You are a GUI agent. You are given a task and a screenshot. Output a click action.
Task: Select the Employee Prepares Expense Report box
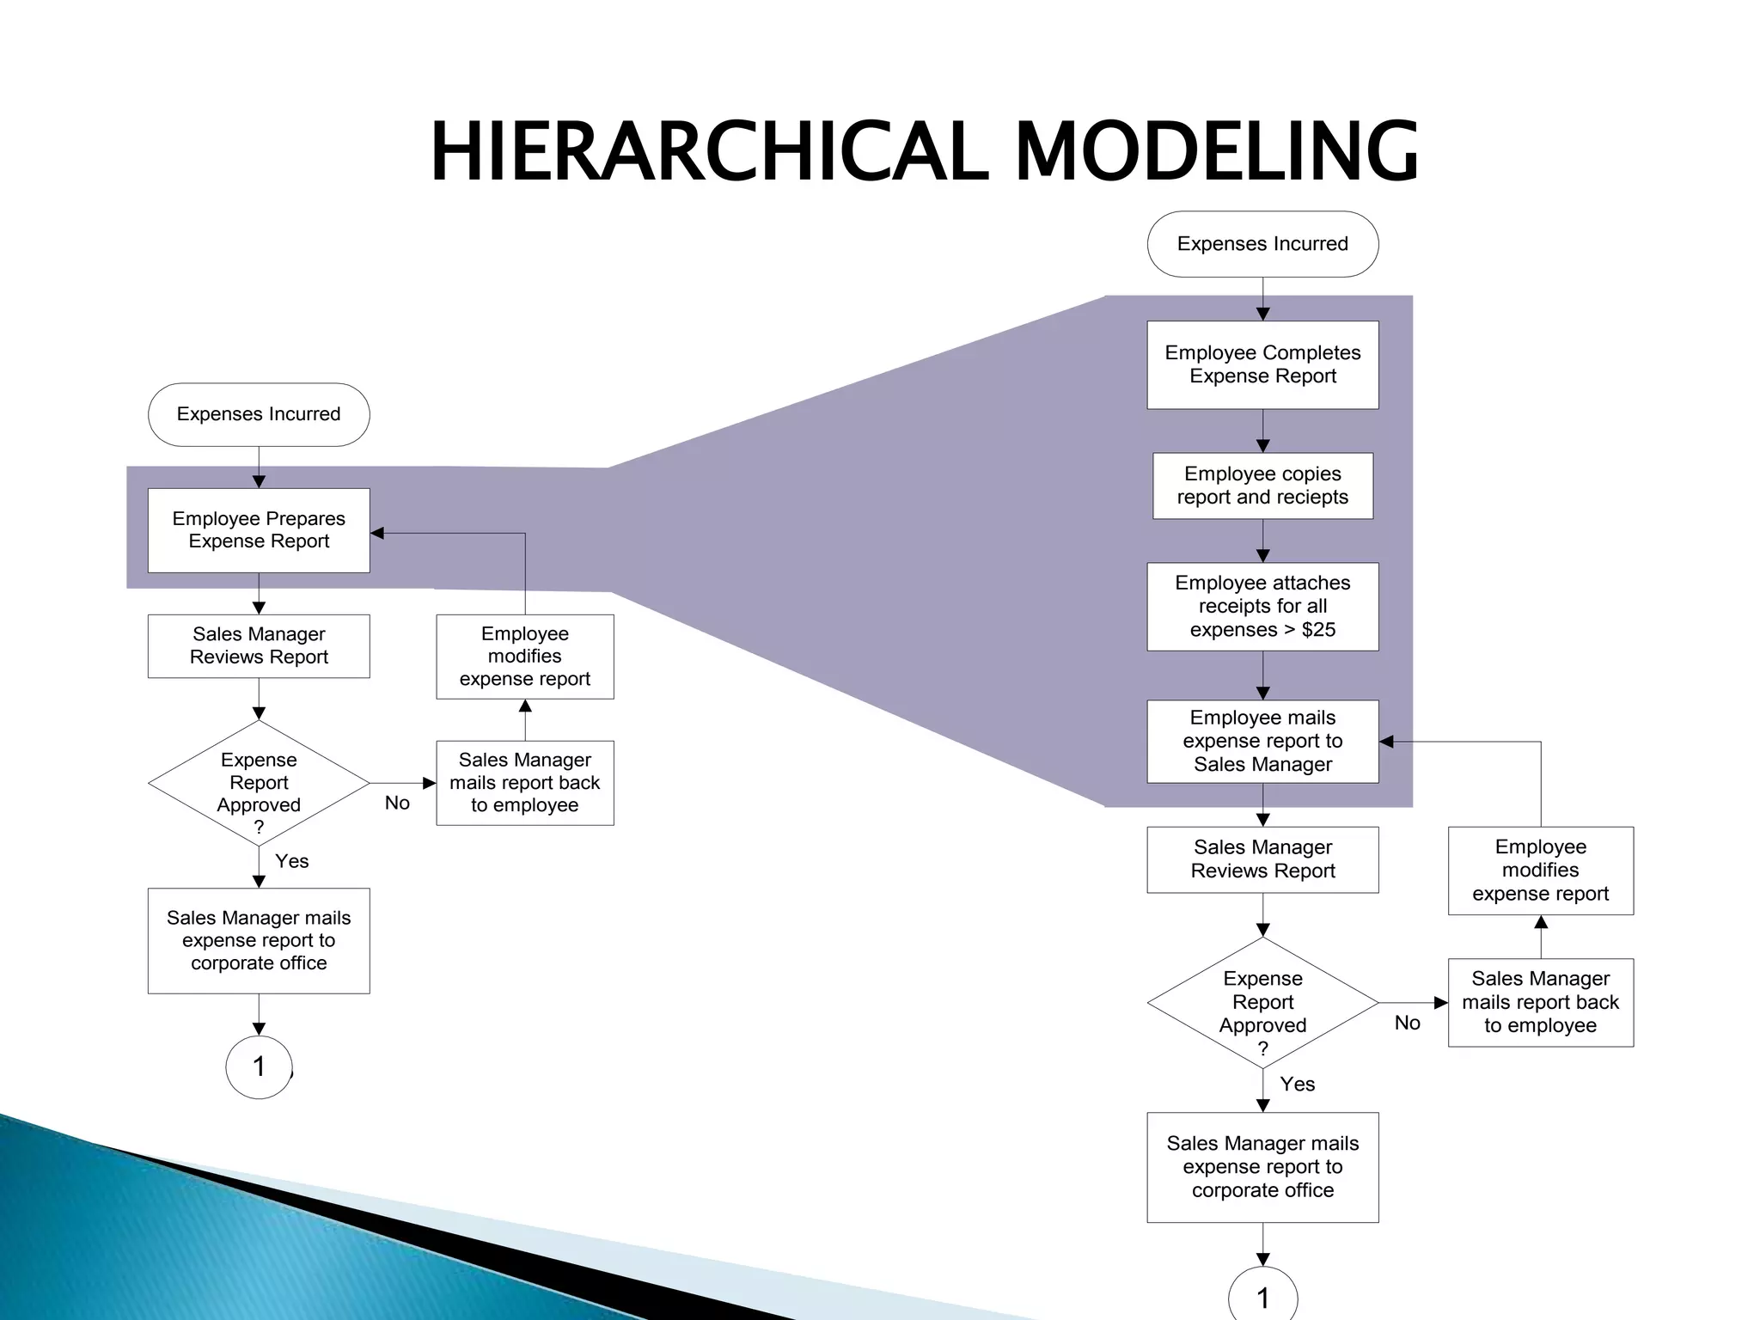point(259,530)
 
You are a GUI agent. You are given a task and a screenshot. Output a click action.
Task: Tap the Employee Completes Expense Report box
point(1262,364)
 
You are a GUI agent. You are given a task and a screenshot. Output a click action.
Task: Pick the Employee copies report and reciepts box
point(1262,486)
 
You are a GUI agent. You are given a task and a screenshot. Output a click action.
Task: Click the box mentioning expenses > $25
point(1262,606)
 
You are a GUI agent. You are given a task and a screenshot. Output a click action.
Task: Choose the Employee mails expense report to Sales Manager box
point(1262,741)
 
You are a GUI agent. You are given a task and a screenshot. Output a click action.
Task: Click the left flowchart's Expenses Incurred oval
point(259,414)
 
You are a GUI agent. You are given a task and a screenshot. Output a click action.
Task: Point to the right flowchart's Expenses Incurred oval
point(1262,244)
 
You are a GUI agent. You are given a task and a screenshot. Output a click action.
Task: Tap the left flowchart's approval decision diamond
point(259,783)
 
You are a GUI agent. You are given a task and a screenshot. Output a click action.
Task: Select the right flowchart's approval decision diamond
point(1262,1002)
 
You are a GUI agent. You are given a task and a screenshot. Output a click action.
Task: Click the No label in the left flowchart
point(397,803)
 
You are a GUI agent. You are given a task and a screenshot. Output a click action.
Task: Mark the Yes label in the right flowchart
point(1297,1085)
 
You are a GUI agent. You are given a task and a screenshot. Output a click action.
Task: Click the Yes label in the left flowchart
point(291,861)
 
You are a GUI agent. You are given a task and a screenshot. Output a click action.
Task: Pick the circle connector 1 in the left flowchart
point(259,1066)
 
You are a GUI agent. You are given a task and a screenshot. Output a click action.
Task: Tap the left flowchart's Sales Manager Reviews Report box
point(259,645)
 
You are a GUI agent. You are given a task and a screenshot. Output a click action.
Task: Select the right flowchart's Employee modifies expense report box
point(1540,871)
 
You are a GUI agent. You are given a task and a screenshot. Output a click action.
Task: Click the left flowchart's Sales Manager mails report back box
point(524,783)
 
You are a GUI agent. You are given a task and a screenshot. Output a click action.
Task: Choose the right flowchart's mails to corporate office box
point(1262,1167)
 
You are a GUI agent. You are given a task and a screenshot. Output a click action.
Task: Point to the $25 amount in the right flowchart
point(1318,630)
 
